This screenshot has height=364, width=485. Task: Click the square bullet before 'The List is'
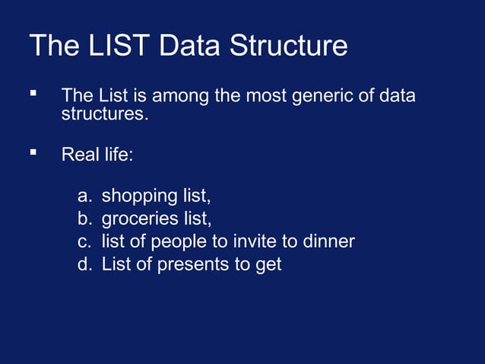[33, 94]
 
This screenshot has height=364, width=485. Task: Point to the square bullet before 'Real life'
[33, 152]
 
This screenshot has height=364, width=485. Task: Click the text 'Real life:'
[97, 155]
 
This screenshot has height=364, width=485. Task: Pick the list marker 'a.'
[85, 196]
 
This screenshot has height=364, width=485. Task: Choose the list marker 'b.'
[85, 219]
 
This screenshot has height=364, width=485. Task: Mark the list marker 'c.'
[85, 242]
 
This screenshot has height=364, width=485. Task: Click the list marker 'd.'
[85, 265]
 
